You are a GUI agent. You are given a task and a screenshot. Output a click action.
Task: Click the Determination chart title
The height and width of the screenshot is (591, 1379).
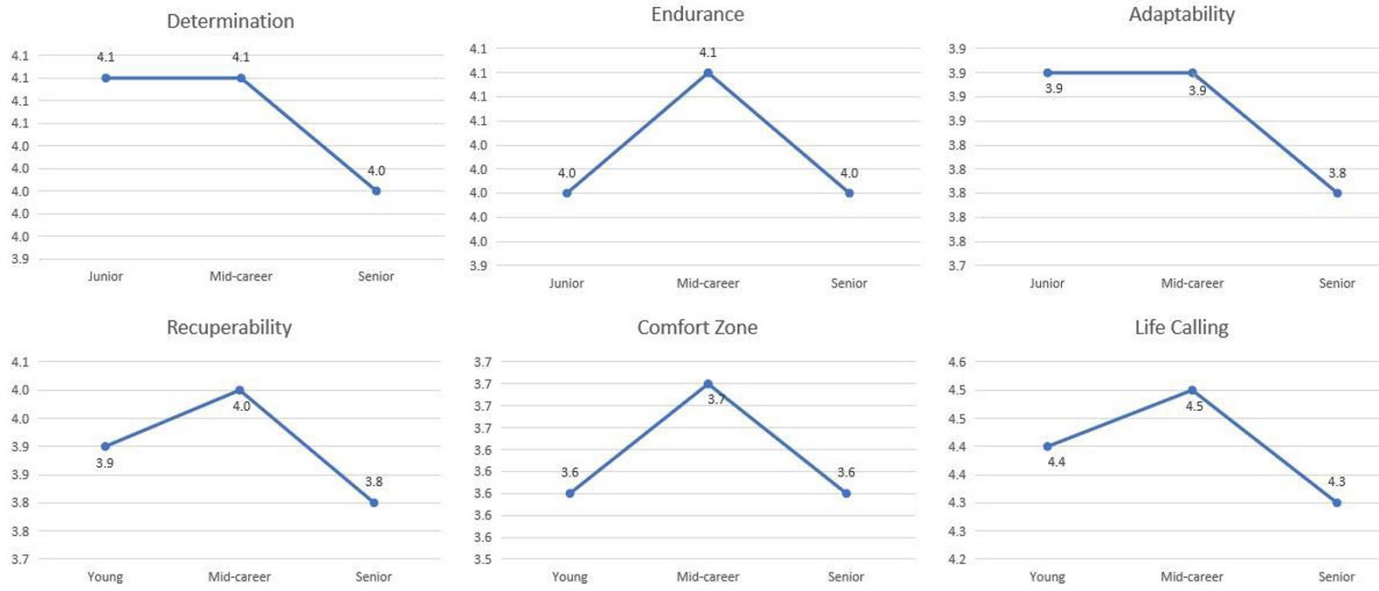pyautogui.click(x=230, y=22)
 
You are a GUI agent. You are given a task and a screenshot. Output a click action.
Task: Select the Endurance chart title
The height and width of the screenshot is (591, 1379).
pyautogui.click(x=697, y=15)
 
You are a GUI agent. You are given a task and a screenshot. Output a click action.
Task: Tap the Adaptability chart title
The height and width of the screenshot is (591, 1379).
pyautogui.click(x=1182, y=15)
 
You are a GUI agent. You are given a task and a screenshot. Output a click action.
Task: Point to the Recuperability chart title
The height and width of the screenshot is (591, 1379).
pyautogui.click(x=229, y=327)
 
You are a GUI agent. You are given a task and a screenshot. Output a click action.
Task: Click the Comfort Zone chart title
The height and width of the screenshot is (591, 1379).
pyautogui.click(x=697, y=327)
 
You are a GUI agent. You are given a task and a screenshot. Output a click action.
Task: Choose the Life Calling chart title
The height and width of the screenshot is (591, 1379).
pyautogui.click(x=1181, y=327)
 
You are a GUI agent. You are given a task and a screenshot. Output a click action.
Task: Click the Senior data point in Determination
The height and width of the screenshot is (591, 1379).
pyautogui.click(x=376, y=191)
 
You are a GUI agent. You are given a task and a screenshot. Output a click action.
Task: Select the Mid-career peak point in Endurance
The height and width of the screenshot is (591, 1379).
pyautogui.click(x=708, y=73)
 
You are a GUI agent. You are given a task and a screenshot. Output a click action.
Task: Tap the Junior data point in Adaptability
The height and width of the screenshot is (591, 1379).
pyautogui.click(x=1047, y=73)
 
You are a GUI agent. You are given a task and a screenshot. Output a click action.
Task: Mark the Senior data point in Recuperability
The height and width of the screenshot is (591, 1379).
pyautogui.click(x=373, y=502)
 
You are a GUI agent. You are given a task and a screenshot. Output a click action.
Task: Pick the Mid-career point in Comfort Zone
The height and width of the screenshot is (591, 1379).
pyautogui.click(x=708, y=384)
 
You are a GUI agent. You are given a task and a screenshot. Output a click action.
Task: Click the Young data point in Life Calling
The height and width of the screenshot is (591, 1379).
pyautogui.click(x=1047, y=446)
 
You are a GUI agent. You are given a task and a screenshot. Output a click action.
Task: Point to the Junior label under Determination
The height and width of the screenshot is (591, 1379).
pyautogui.click(x=105, y=277)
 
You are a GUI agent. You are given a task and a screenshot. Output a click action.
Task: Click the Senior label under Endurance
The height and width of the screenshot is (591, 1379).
pyautogui.click(x=849, y=283)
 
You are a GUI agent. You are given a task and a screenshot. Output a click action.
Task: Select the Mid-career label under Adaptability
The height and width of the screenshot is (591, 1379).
pyautogui.click(x=1192, y=283)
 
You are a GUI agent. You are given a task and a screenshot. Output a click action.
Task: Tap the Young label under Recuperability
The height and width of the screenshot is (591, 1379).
pyautogui.click(x=105, y=577)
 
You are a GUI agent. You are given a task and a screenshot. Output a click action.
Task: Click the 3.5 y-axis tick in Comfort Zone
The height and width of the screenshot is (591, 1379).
pyautogui.click(x=483, y=559)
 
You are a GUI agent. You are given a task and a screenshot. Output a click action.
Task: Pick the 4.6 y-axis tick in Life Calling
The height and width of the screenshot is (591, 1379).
pyautogui.click(x=957, y=362)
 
